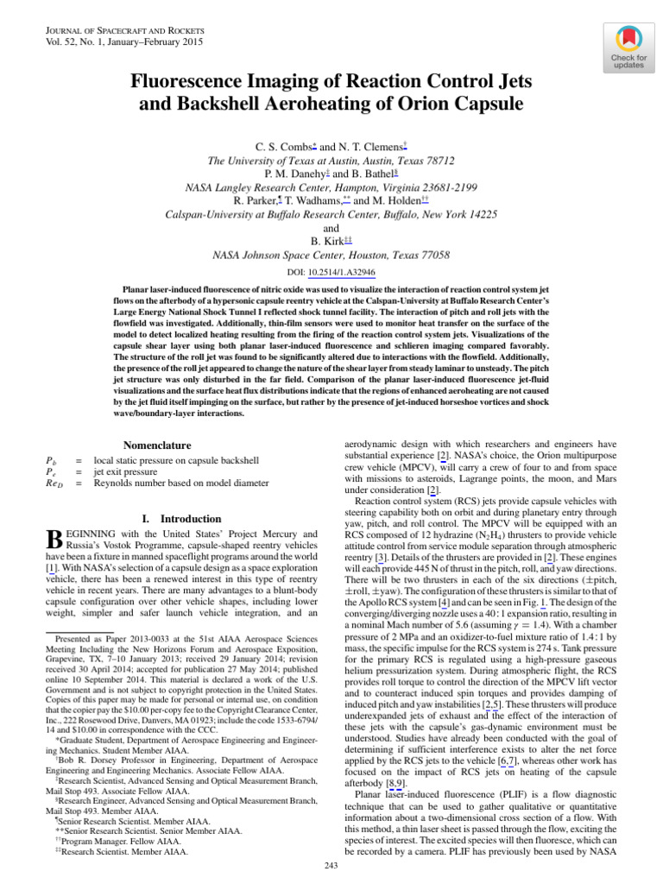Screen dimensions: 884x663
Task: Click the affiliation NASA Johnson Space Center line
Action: (331, 256)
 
